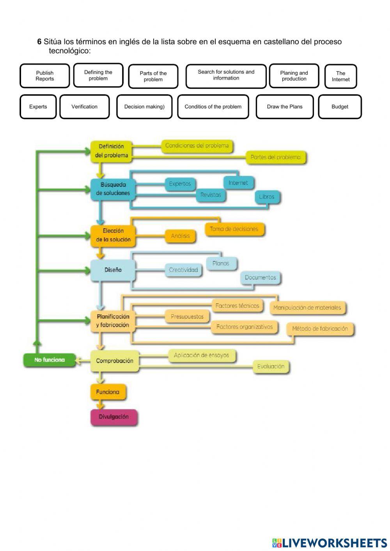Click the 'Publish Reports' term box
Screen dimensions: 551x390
(45, 76)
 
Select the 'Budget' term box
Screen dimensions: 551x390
(340, 107)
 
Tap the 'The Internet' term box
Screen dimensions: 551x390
(340, 76)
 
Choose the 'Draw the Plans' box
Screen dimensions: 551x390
(285, 107)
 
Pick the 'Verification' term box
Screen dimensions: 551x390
(85, 107)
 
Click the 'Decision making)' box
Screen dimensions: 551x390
(144, 107)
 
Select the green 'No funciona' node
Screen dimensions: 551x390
(49, 360)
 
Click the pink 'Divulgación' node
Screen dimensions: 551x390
(113, 417)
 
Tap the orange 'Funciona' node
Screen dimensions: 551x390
(108, 392)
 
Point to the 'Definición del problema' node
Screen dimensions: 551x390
(112, 151)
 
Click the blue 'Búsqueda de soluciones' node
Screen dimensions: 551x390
(113, 189)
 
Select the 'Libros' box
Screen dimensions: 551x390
(267, 197)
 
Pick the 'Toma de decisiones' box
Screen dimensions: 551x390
(234, 229)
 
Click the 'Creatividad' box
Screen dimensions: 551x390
(183, 270)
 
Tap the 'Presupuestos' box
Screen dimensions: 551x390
(187, 317)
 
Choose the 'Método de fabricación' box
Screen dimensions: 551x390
(320, 329)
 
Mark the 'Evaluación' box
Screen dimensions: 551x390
(271, 367)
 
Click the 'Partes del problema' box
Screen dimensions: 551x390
(276, 158)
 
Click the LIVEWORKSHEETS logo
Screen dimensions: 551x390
(330, 542)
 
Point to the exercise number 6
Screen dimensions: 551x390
(39, 42)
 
